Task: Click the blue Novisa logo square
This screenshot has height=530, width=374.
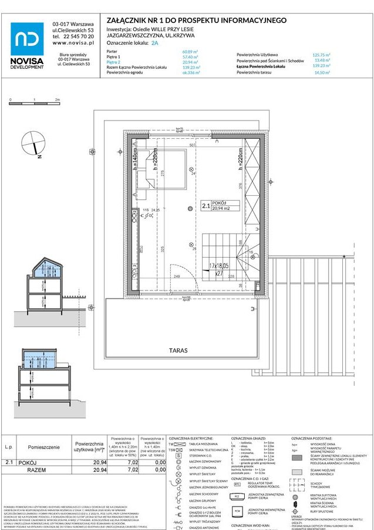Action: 27,39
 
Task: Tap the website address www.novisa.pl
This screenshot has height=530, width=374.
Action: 73,42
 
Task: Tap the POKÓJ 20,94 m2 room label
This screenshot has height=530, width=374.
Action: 214,206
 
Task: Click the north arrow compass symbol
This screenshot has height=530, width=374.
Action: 33,144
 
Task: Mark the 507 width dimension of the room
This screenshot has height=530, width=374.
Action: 193,145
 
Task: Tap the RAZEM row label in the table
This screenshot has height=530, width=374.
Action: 36,471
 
